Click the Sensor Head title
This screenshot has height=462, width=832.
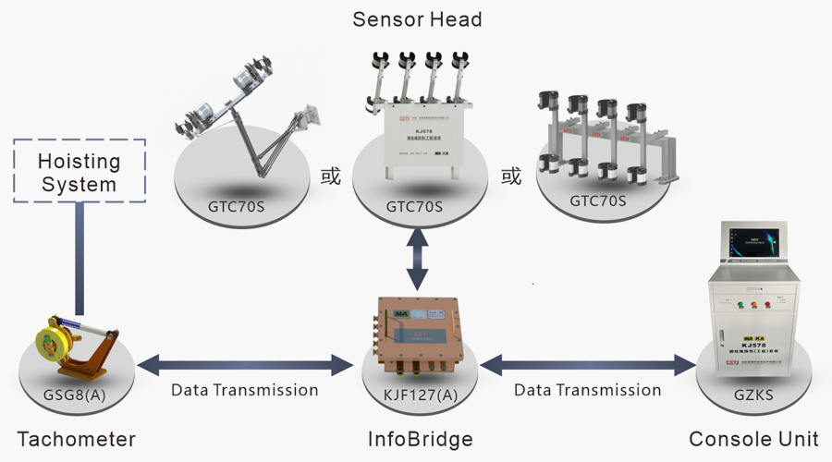tap(417, 19)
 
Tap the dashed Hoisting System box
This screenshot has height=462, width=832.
tap(80, 172)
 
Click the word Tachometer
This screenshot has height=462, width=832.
tap(76, 439)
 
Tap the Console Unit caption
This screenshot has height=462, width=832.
tap(753, 439)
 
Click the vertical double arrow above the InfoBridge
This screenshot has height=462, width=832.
tap(417, 261)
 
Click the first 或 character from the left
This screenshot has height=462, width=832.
tap(330, 176)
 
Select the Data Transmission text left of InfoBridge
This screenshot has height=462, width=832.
tap(245, 390)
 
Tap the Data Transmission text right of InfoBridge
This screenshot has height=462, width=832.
tap(587, 390)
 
